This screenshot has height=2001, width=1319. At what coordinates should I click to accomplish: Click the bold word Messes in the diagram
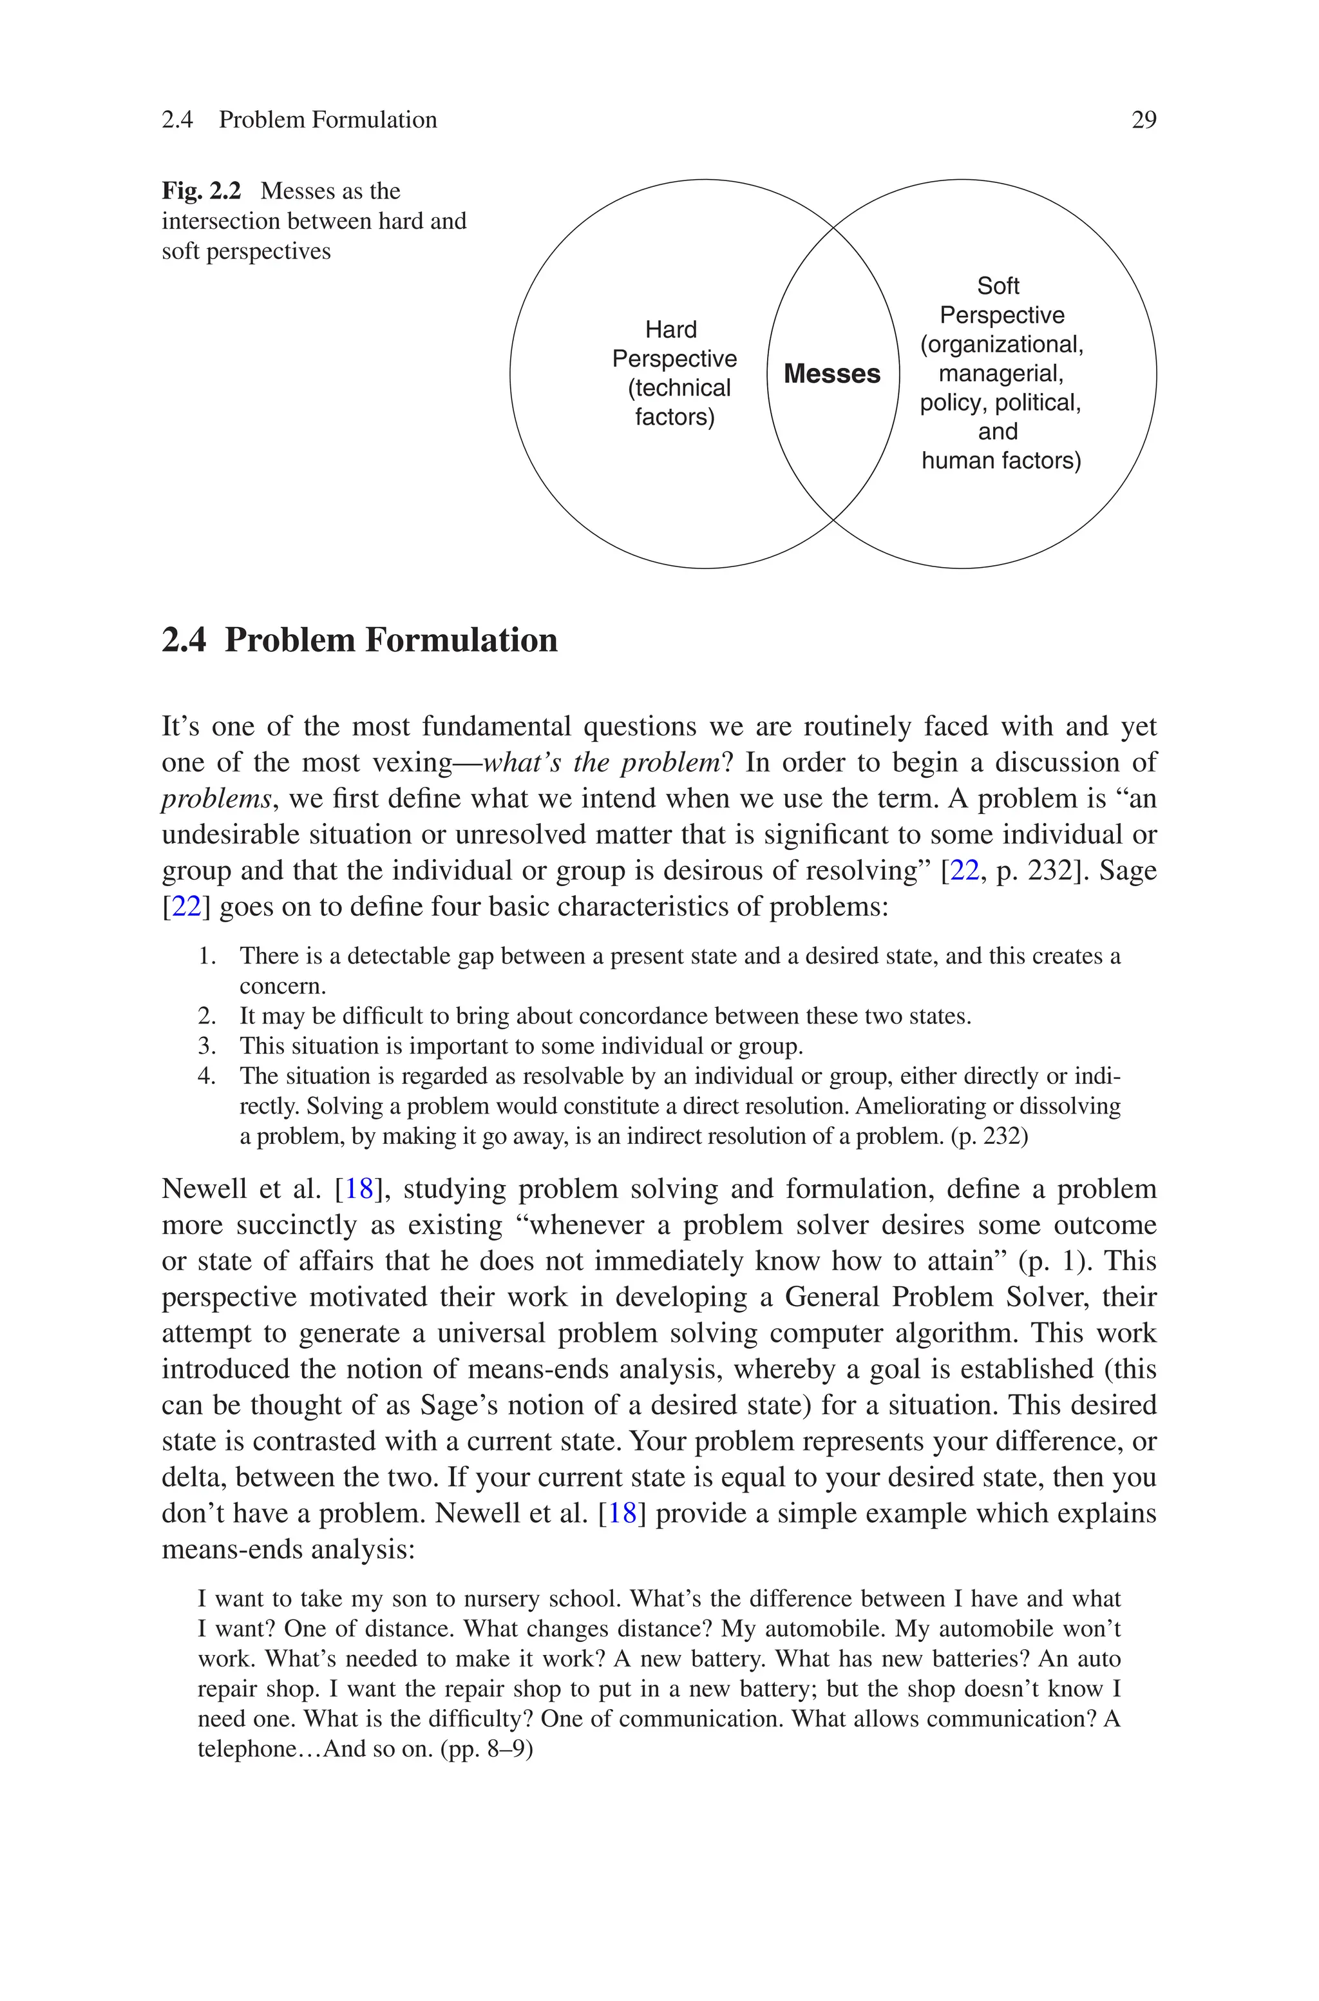click(832, 374)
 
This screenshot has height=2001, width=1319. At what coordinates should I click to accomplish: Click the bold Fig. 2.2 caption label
click(201, 191)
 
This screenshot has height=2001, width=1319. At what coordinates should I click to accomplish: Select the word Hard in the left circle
click(670, 329)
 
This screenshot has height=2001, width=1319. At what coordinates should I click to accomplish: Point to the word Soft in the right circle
click(998, 286)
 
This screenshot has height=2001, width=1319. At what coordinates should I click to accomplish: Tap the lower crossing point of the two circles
click(833, 520)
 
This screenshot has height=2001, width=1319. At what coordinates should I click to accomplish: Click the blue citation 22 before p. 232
click(964, 870)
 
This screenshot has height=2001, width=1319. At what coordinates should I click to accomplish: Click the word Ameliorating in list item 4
click(924, 1106)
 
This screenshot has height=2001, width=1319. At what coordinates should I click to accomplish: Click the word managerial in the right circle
click(1000, 372)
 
